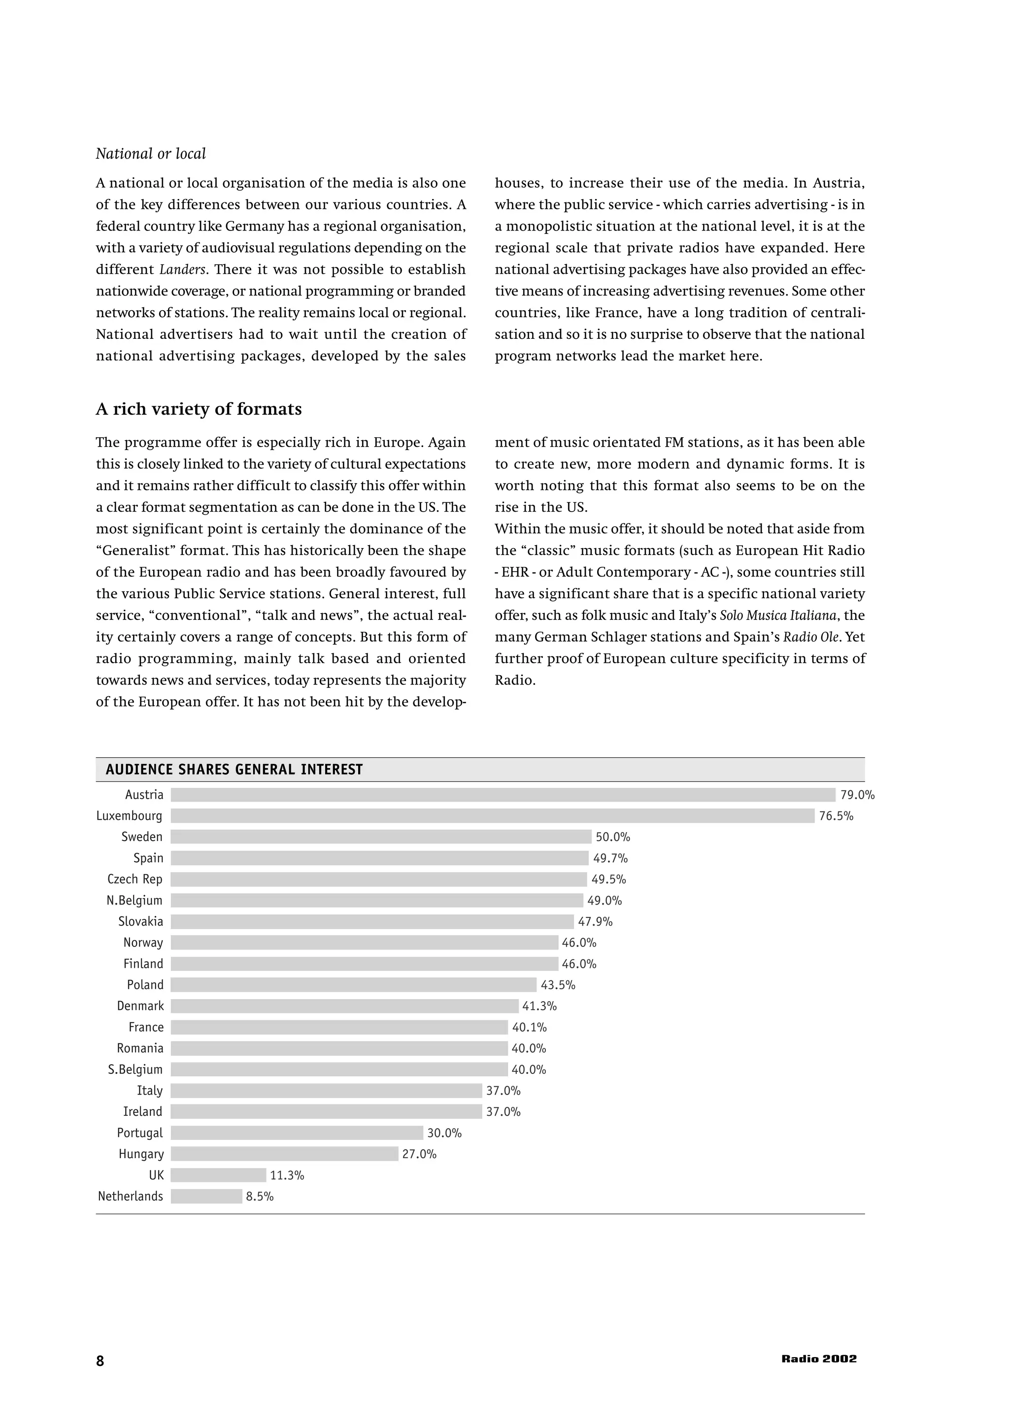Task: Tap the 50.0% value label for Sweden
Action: point(612,837)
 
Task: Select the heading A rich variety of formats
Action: point(199,409)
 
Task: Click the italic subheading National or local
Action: point(150,154)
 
